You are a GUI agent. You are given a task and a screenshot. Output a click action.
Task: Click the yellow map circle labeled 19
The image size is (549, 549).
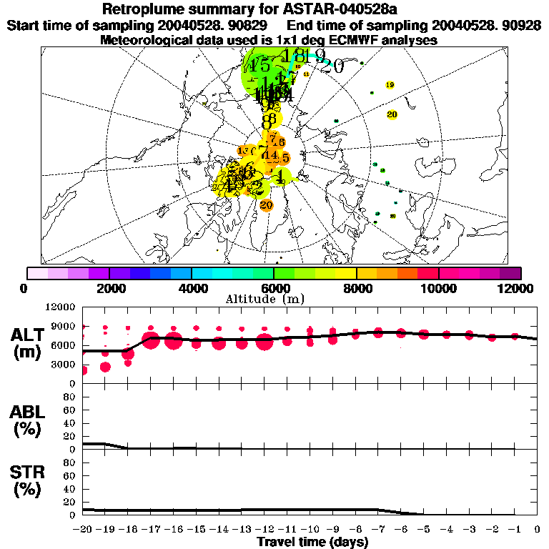click(390, 85)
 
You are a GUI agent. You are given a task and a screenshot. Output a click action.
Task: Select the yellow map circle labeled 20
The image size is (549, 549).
click(392, 114)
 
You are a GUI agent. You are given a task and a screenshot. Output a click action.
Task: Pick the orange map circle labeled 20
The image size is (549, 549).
click(267, 205)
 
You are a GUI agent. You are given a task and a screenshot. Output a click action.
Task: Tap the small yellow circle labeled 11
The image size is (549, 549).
click(307, 74)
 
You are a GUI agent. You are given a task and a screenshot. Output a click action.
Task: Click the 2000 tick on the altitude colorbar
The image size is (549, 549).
click(109, 288)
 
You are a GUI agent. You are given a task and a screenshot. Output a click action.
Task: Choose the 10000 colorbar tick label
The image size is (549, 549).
click(438, 288)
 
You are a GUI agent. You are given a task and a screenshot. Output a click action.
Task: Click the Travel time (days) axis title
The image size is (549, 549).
click(312, 542)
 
